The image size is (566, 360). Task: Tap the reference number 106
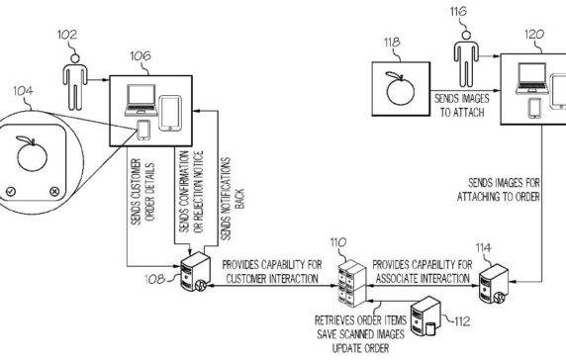coord(140,56)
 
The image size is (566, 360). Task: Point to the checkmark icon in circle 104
coord(9,191)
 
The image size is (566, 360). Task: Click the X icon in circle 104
coord(53,191)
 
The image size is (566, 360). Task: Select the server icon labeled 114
coord(496,280)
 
